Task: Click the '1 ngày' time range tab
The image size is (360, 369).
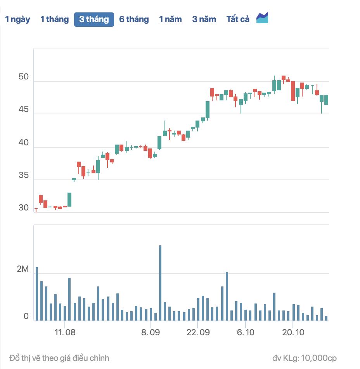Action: [x=17, y=19]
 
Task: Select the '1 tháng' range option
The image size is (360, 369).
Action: [x=54, y=19]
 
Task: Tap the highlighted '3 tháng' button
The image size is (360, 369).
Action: [x=94, y=19]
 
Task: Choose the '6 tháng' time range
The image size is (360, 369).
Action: [x=134, y=19]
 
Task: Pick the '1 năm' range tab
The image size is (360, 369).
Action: [x=170, y=19]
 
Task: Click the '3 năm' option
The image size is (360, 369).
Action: [x=204, y=19]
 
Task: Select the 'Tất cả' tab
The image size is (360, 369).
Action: [x=238, y=19]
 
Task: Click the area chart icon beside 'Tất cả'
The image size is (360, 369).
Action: [x=262, y=18]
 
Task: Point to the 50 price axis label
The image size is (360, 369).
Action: [x=24, y=77]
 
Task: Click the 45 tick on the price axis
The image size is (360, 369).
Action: [x=24, y=110]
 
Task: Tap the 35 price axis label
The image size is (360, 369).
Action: [x=24, y=176]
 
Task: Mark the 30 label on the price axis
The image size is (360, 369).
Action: [x=24, y=208]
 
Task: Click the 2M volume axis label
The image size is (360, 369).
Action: [x=23, y=269]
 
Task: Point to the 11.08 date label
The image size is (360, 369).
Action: [x=65, y=333]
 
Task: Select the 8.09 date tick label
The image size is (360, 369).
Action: [x=151, y=333]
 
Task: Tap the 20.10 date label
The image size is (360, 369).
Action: [x=293, y=333]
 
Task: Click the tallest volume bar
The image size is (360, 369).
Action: [x=160, y=283]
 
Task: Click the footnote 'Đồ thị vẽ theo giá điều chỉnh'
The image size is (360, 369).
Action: [x=59, y=358]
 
